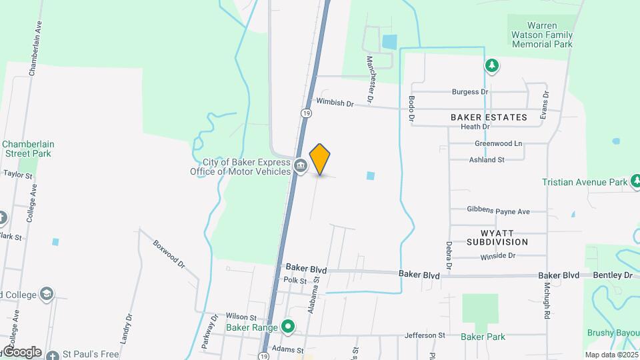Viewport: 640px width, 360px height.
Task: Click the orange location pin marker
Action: [320, 158]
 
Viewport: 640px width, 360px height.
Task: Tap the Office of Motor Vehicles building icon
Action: [301, 165]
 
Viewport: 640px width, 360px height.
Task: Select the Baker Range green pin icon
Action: [288, 327]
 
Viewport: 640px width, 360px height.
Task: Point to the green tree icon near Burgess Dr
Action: [491, 65]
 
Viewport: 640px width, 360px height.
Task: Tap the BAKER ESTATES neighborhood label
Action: [489, 117]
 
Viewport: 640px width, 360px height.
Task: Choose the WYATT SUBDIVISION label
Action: [497, 237]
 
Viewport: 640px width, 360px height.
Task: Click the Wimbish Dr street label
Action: [334, 103]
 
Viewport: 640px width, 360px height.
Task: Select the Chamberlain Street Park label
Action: [28, 148]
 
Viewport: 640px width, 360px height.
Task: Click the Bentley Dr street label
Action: [613, 275]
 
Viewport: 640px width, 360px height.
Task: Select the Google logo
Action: [21, 351]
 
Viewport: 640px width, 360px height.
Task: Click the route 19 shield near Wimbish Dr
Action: [305, 113]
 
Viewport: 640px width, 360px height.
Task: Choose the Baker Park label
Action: [483, 337]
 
